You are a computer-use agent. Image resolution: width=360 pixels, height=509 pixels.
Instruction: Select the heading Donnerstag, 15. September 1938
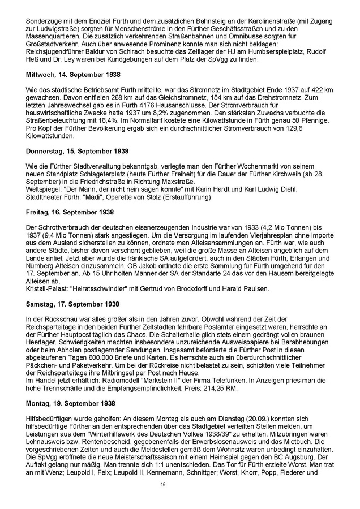(x=73, y=152)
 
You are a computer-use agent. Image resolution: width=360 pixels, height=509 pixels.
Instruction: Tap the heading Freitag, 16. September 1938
(x=67, y=211)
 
